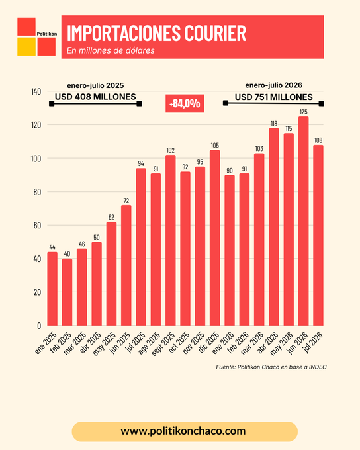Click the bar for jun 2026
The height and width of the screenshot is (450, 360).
[x=304, y=221]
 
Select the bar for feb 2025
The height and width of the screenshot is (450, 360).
[x=67, y=292]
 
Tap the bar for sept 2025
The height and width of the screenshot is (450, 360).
[x=171, y=240]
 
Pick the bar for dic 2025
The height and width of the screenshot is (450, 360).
[x=214, y=238]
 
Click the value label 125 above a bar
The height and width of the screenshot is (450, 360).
[x=304, y=112]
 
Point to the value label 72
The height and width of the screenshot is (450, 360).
[x=126, y=201]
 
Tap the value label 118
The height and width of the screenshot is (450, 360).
[x=274, y=124]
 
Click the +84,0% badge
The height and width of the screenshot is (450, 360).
[x=185, y=103]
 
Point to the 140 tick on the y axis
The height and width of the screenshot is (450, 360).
[x=36, y=92]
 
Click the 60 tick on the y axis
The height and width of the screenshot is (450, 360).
[x=37, y=225]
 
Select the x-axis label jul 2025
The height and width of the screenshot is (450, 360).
[x=136, y=343]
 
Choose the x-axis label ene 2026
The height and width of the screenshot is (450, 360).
[x=224, y=343]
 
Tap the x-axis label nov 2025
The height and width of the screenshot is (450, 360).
[x=195, y=343]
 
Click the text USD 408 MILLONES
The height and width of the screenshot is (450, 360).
[x=95, y=97]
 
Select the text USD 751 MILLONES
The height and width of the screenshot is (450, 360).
[x=273, y=97]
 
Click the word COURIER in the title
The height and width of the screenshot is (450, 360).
[x=215, y=33]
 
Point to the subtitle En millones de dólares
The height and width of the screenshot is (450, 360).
[x=111, y=50]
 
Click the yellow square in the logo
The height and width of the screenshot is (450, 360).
[x=26, y=46]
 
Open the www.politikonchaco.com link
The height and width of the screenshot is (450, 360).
[x=183, y=431]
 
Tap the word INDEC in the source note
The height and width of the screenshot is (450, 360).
[x=318, y=367]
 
